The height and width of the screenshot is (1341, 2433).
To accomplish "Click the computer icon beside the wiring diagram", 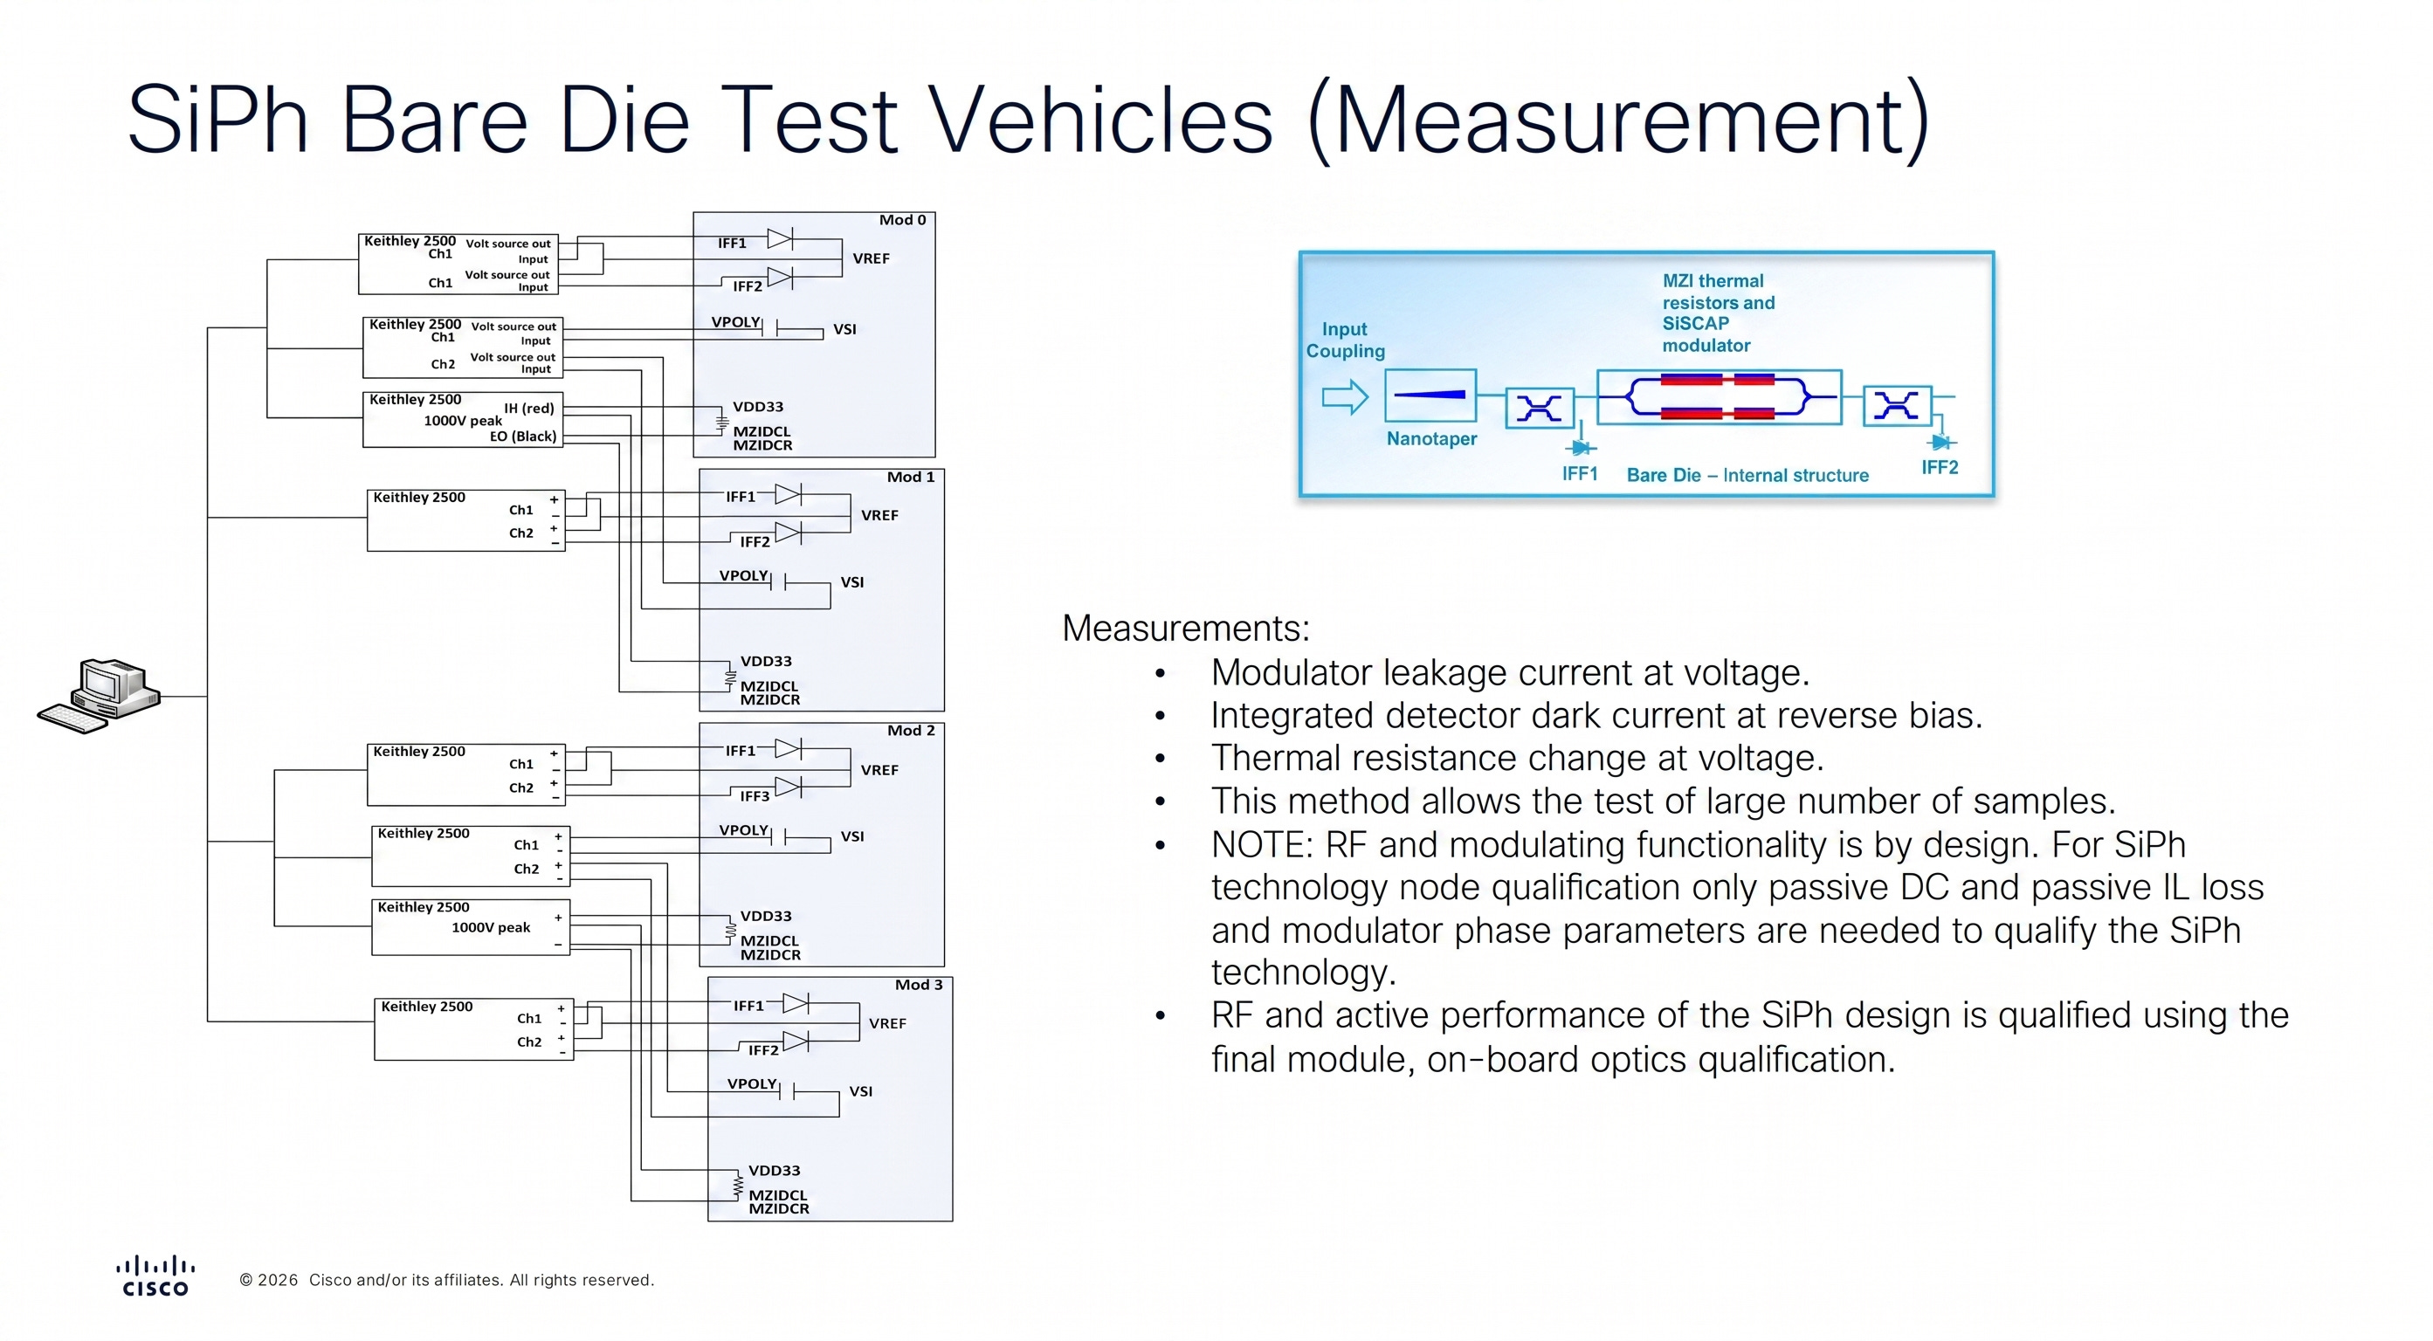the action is point(100,696).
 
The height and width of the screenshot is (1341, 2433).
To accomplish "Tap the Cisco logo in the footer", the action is point(155,1276).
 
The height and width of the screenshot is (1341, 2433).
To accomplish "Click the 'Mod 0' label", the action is point(902,220).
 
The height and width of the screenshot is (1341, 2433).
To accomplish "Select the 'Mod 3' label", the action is point(918,985).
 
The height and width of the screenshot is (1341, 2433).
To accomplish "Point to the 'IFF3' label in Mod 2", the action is point(755,796).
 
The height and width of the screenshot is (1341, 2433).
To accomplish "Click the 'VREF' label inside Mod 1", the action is point(879,515).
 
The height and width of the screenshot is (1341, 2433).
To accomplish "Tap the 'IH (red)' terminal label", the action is point(529,408).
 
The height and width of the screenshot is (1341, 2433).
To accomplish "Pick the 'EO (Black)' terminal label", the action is point(523,437).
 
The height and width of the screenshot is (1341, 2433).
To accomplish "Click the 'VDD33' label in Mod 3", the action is point(775,1170).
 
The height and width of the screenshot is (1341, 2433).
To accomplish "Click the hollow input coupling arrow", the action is point(1345,396).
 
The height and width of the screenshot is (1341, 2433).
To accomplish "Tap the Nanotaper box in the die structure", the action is point(1430,395).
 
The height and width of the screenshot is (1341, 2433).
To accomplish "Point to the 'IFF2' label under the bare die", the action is point(1940,467).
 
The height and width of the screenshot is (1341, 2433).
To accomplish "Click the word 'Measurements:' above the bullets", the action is point(1186,628).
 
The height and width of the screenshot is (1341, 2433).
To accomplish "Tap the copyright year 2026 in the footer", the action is point(278,1281).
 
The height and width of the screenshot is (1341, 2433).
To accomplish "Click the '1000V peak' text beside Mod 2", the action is point(490,927).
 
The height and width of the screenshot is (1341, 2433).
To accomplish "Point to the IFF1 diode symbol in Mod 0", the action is point(780,238).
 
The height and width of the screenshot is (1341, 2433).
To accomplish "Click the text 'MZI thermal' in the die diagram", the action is point(1713,280).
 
